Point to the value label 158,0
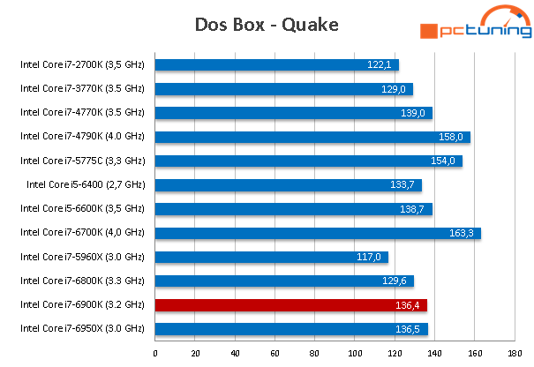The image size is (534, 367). (x=452, y=137)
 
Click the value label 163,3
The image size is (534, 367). (x=462, y=233)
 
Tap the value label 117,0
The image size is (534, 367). (x=368, y=257)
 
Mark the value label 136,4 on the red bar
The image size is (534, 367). (x=409, y=305)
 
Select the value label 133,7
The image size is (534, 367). (x=402, y=185)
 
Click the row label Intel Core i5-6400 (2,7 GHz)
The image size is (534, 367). (x=86, y=185)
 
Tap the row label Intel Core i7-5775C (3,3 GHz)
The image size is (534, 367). (x=82, y=161)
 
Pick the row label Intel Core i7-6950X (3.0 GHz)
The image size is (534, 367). (x=82, y=329)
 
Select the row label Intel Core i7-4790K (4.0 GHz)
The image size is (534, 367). (x=82, y=137)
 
